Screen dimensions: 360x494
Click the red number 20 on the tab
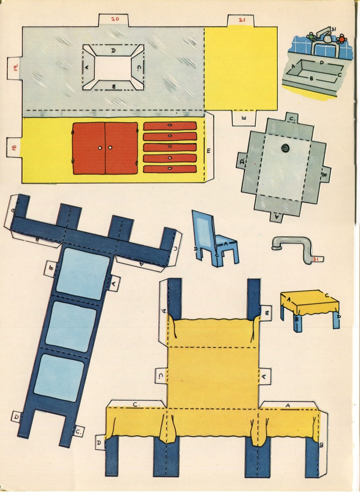[x=115, y=19]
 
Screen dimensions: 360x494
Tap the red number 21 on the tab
[x=242, y=20]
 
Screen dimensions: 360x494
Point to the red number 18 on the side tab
[x=14, y=147]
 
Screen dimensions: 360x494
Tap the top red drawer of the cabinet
[x=170, y=126]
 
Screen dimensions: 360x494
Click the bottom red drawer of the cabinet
[x=170, y=169]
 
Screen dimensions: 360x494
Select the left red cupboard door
[x=89, y=148]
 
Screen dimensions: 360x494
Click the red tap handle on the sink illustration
[x=342, y=39]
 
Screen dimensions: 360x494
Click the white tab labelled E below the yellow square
[x=244, y=118]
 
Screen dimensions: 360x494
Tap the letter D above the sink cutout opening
[x=113, y=51]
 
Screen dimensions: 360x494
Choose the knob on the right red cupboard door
[x=110, y=148]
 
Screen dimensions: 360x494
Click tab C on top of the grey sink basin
[x=292, y=119]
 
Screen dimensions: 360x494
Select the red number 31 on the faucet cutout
[x=315, y=259]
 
